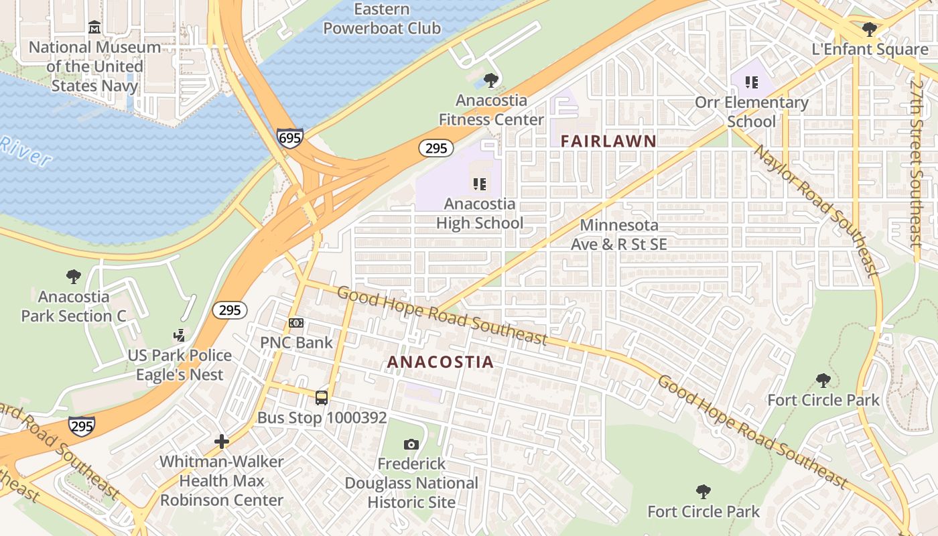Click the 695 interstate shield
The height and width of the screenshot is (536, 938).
tap(289, 138)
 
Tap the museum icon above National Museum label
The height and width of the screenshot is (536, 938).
tap(94, 27)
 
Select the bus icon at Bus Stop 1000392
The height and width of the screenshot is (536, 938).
tap(322, 398)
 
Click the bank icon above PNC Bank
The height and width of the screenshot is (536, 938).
tap(296, 323)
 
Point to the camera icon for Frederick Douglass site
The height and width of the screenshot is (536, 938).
tap(411, 444)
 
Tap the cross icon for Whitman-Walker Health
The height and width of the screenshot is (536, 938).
tap(222, 442)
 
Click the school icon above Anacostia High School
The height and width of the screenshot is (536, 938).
tap(480, 184)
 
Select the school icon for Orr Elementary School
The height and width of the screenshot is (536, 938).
tap(752, 82)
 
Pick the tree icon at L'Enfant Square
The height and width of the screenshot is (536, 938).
tap(870, 29)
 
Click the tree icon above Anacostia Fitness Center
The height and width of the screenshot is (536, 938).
tap(491, 80)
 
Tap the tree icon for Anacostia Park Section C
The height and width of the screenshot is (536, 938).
tap(74, 276)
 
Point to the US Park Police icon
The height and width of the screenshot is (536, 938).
tap(179, 335)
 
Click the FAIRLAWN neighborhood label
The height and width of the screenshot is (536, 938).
tap(608, 141)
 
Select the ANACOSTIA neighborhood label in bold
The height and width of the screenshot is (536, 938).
tap(440, 362)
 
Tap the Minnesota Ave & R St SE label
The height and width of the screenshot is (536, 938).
tap(618, 234)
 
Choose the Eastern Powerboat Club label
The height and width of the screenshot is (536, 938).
tap(382, 19)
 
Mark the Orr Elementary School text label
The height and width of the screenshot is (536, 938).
tap(752, 112)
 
